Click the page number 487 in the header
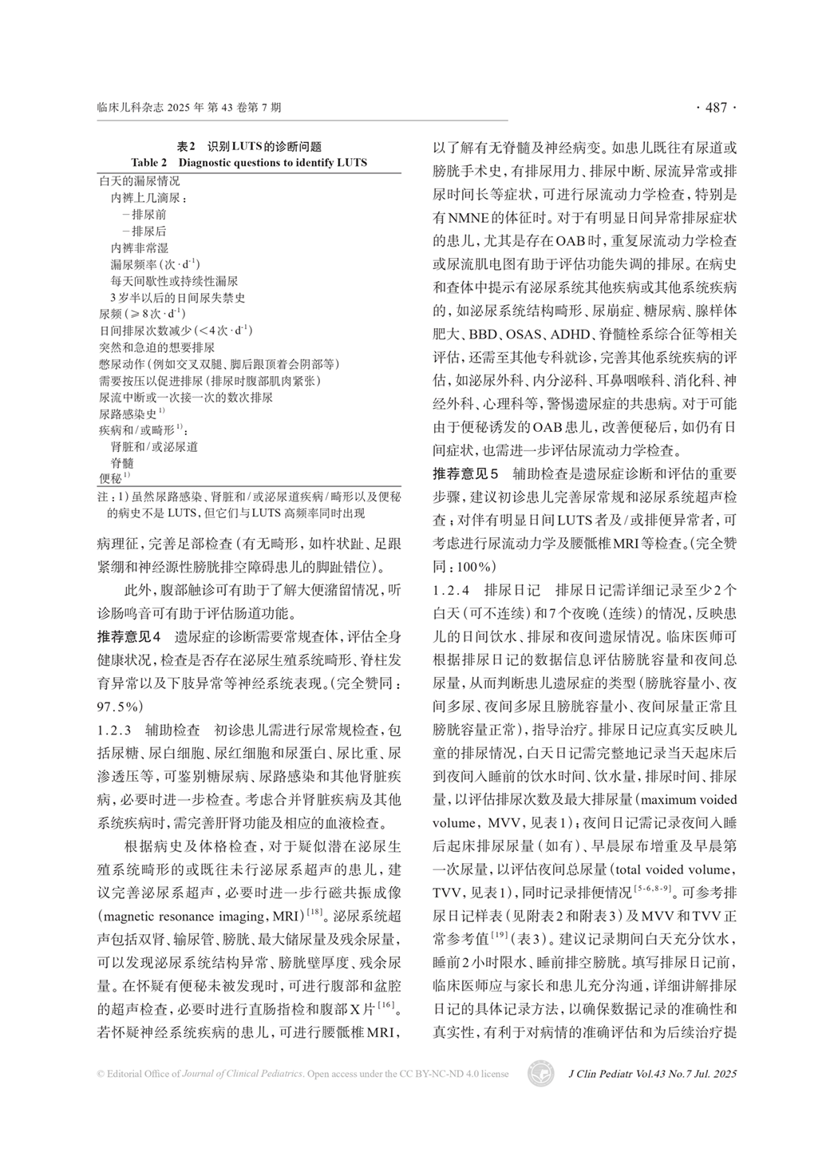tap(717, 108)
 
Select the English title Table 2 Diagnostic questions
tap(249, 162)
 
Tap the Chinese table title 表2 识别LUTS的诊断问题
tap(249, 147)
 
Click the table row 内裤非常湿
tap(139, 248)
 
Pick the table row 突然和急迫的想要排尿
tap(156, 347)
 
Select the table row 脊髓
tap(122, 463)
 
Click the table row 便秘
tap(110, 479)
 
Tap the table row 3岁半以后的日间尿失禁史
tap(177, 298)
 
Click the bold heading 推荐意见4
tap(128, 637)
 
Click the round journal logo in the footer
tap(541, 1074)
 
